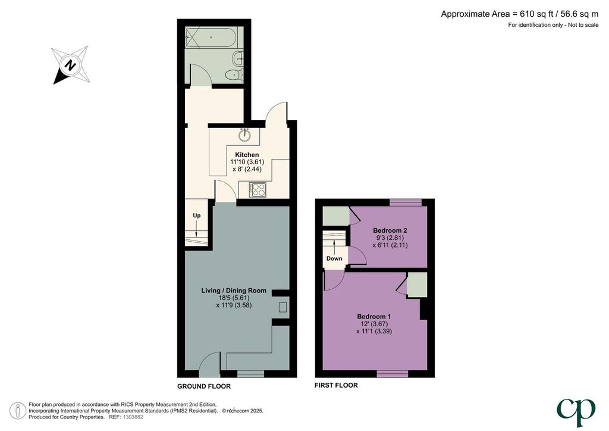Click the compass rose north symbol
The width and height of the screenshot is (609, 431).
click(x=70, y=65)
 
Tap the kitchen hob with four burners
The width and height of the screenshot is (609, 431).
click(x=258, y=190)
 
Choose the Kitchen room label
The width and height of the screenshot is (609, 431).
click(x=247, y=155)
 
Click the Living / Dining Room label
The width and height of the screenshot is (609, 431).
click(x=234, y=291)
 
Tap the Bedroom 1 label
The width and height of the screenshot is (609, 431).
click(x=374, y=316)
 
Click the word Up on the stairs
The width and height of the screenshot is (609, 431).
click(x=197, y=215)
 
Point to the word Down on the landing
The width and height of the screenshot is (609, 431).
click(x=334, y=258)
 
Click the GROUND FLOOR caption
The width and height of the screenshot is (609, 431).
click(x=204, y=386)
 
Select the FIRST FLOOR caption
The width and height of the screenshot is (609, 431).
click(x=336, y=386)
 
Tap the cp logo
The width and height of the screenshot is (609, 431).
click(x=576, y=412)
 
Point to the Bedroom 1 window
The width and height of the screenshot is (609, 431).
click(x=393, y=374)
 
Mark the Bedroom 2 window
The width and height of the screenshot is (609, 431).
click(x=406, y=202)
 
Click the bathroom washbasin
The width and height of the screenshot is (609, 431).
click(x=238, y=59)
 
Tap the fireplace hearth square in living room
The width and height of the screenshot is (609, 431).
click(x=282, y=307)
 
